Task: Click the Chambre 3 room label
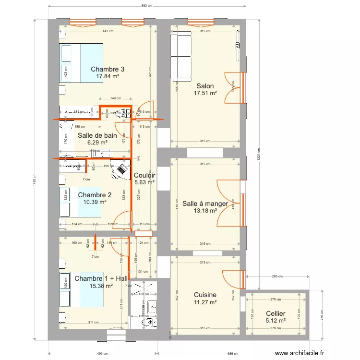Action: tap(108, 69)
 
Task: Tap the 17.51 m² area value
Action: tap(205, 94)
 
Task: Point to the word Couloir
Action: tap(144, 176)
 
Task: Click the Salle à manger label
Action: tap(205, 204)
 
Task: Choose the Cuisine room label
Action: tap(205, 295)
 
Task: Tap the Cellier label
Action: tap(276, 313)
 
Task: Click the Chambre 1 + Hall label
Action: tap(101, 278)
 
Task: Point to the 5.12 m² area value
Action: tap(276, 321)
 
